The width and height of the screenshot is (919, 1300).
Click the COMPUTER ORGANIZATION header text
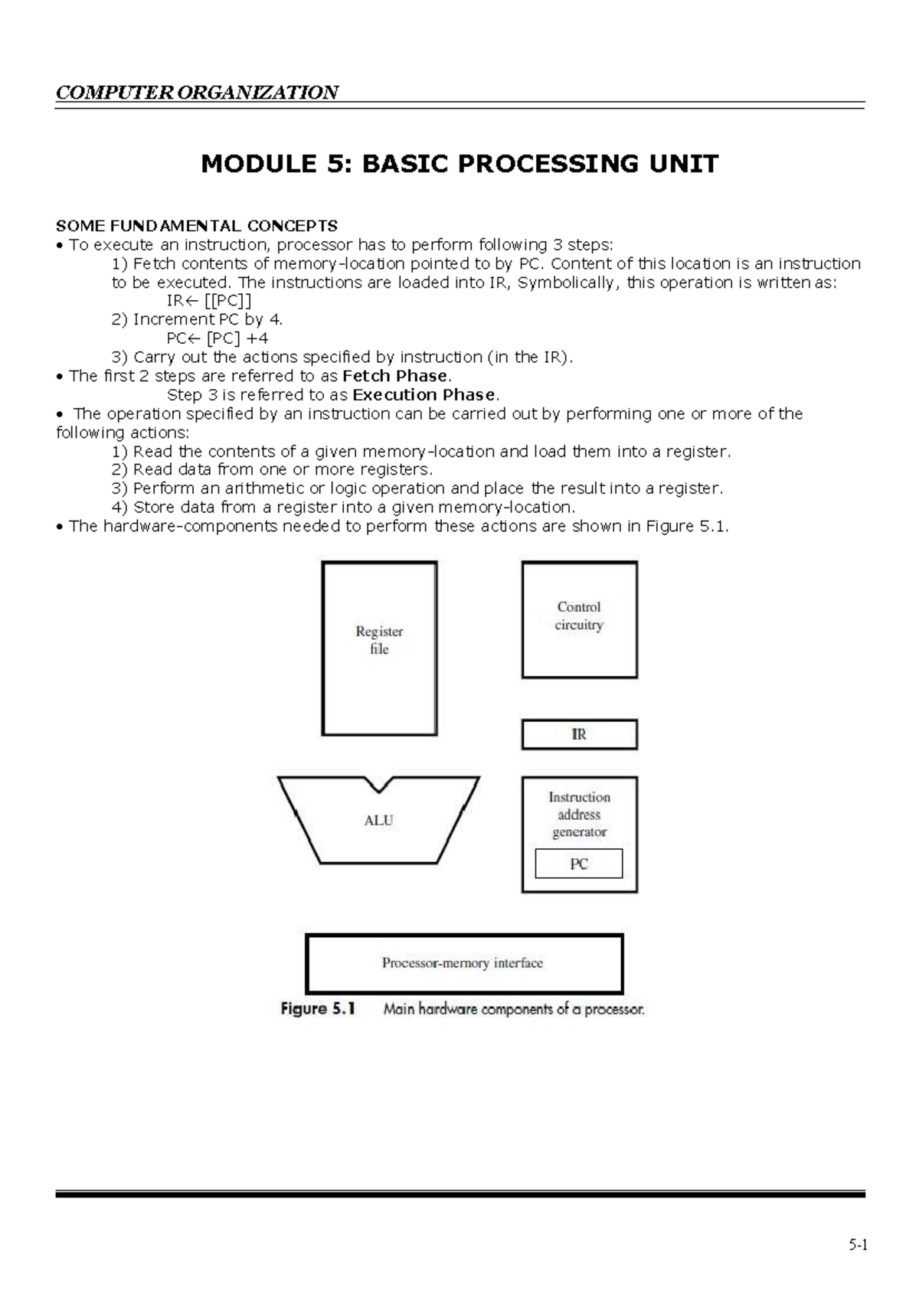point(197,93)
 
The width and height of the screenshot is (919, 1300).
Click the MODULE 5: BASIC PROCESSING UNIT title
point(459,164)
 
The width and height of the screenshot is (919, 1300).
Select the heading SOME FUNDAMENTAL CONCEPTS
point(197,226)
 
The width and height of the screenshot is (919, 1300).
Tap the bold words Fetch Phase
point(395,376)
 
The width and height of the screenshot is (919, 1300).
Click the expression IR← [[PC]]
point(209,301)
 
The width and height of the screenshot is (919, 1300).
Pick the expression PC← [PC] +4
point(217,338)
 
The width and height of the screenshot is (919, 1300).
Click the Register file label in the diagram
point(379,640)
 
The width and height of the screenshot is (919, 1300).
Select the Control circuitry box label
point(579,616)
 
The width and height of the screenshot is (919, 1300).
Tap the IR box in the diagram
point(579,734)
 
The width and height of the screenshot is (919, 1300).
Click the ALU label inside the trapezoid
point(378,820)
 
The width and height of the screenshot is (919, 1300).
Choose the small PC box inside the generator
point(579,864)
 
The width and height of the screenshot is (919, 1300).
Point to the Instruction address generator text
point(579,815)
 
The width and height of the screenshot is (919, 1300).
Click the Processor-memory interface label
point(463,963)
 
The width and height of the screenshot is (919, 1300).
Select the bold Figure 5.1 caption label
point(318,1009)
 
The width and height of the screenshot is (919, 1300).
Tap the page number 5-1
point(858,1245)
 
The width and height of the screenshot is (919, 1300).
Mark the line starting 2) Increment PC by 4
point(198,319)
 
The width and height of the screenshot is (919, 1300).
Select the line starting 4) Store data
point(343,507)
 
